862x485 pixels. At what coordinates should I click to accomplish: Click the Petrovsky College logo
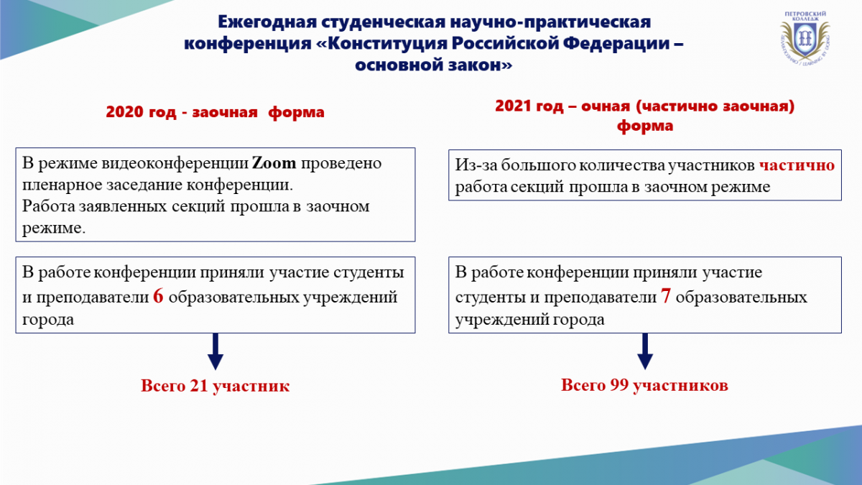[x=805, y=38]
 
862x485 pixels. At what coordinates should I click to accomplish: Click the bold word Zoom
[x=274, y=163]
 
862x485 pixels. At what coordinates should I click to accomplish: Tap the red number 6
[x=158, y=296]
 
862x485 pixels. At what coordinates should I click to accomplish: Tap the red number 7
[x=666, y=296]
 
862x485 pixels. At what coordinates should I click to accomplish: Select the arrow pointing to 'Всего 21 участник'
[x=215, y=351]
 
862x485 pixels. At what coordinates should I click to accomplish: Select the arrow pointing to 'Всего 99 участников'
[x=645, y=351]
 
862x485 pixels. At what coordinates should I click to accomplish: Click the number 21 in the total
[x=199, y=386]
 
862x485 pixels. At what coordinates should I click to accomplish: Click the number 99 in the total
[x=619, y=385]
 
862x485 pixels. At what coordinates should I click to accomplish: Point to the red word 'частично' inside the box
[x=797, y=165]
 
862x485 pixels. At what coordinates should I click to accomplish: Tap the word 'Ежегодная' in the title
[x=267, y=22]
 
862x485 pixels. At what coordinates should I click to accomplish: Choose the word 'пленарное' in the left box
[x=62, y=185]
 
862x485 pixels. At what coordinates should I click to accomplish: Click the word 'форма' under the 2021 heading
[x=645, y=126]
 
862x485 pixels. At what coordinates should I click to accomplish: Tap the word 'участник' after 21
[x=251, y=386]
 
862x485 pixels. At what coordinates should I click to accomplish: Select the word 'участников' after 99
[x=680, y=385]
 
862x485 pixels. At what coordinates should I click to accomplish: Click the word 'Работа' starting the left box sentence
[x=49, y=206]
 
